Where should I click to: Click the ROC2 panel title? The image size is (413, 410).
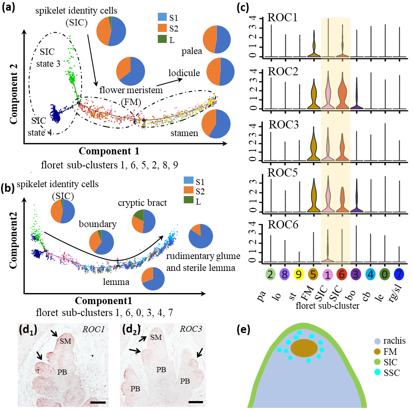(x=282, y=71)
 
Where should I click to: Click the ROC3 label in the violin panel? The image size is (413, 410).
(x=282, y=125)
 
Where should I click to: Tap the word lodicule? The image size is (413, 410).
(x=184, y=73)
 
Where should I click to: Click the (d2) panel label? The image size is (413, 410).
(x=131, y=330)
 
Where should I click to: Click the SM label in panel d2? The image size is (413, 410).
(x=156, y=337)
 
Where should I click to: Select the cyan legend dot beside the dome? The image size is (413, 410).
(x=377, y=372)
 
